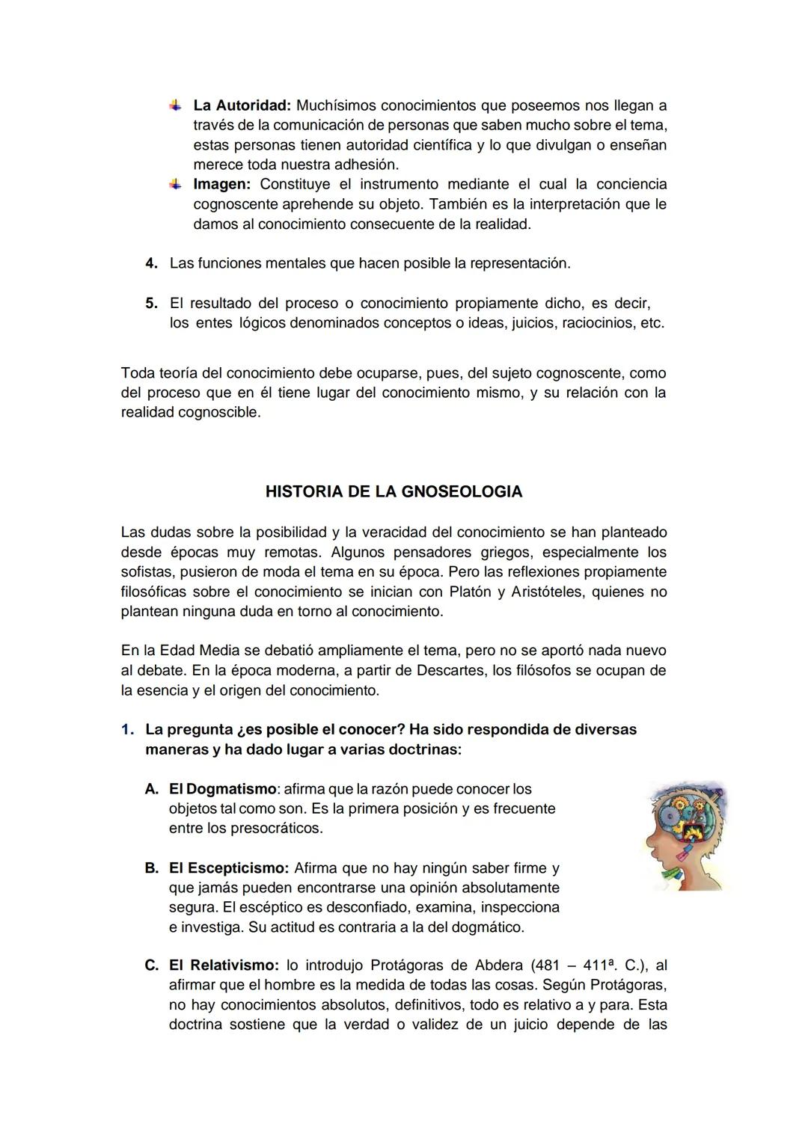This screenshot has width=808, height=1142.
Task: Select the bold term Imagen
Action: pyautogui.click(x=221, y=184)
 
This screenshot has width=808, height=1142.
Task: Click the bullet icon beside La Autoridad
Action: pyautogui.click(x=175, y=105)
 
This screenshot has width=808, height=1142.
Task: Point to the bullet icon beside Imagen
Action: pyautogui.click(x=175, y=183)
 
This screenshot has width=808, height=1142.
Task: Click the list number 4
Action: pyautogui.click(x=150, y=263)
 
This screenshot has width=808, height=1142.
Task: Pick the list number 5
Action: pyautogui.click(x=150, y=304)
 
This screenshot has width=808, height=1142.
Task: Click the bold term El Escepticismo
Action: pyautogui.click(x=228, y=868)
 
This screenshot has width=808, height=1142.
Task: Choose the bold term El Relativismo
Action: pyautogui.click(x=224, y=966)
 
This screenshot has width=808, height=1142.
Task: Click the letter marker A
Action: pyautogui.click(x=151, y=789)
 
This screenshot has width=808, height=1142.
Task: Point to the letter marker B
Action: pyautogui.click(x=151, y=868)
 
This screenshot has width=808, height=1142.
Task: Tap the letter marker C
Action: pyautogui.click(x=151, y=966)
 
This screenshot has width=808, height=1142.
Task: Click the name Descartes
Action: pyautogui.click(x=449, y=671)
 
